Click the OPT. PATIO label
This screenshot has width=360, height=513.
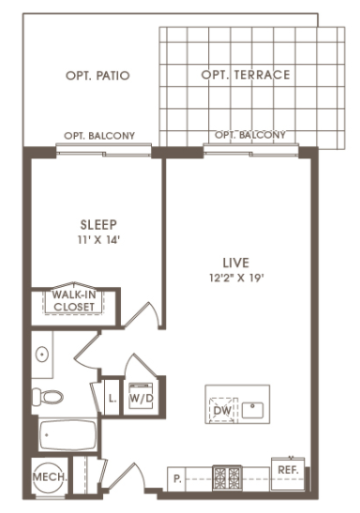(x=97, y=76)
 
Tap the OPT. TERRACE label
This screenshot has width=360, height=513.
(x=246, y=75)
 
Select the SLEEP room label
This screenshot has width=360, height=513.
(x=98, y=225)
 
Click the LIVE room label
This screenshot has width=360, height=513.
(x=236, y=263)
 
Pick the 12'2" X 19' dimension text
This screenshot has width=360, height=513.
(x=236, y=279)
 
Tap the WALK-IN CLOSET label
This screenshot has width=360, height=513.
(x=74, y=301)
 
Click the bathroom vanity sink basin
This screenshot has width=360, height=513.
(x=42, y=355)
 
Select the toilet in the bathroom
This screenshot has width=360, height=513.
(x=48, y=397)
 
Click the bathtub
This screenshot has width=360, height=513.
(x=67, y=435)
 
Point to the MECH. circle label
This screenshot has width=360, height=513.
(x=50, y=477)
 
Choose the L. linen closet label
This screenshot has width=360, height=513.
(x=112, y=399)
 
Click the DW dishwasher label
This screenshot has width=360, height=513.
(x=222, y=410)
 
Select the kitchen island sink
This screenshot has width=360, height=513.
(x=253, y=410)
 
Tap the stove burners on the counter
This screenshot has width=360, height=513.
(x=227, y=477)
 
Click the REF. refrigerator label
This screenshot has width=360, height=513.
(x=289, y=470)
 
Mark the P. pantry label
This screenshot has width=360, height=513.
(x=177, y=479)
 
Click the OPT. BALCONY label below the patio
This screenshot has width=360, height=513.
(x=99, y=136)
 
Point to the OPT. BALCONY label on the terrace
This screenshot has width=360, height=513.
(x=250, y=135)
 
